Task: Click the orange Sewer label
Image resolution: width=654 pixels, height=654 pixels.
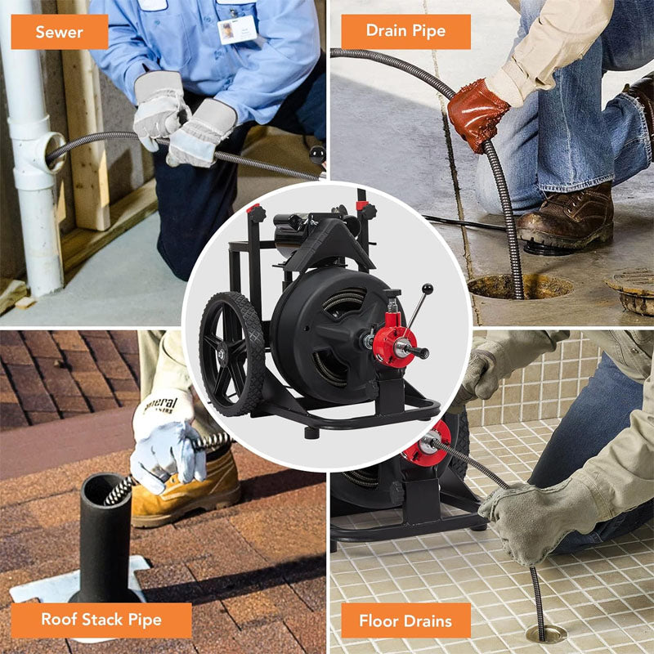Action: click(59, 31)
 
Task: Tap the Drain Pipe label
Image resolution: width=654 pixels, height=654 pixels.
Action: click(405, 31)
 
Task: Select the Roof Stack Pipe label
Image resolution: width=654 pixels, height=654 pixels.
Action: click(101, 620)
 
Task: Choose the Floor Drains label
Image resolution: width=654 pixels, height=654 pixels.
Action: click(405, 620)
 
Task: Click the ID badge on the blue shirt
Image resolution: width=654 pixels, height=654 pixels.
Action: click(237, 29)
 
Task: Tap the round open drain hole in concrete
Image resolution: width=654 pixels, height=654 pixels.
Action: click(520, 286)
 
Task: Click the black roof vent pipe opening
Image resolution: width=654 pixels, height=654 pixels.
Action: click(105, 488)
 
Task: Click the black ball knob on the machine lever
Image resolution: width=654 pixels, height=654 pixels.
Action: click(427, 289)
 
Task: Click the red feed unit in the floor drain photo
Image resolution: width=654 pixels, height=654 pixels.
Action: click(427, 441)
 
